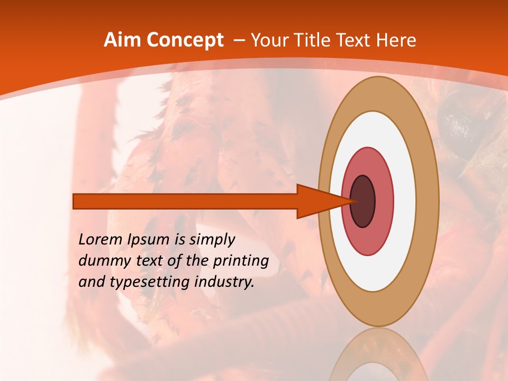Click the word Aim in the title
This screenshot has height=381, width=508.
[123, 40]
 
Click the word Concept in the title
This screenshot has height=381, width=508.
[185, 41]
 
